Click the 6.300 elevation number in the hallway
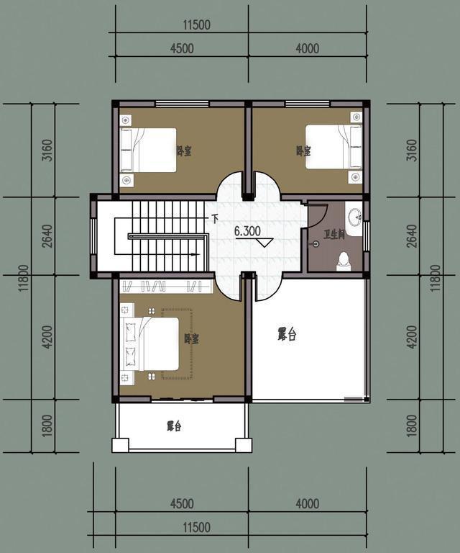[x=247, y=231]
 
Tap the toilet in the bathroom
[x=343, y=261]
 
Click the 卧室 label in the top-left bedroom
[x=184, y=151]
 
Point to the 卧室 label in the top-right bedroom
[x=303, y=151]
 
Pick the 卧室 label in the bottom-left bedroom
[x=191, y=339]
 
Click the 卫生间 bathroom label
[x=333, y=235]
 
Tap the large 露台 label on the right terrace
[x=287, y=334]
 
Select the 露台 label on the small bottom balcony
[x=174, y=426]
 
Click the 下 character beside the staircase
[x=214, y=218]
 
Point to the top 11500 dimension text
[x=197, y=25]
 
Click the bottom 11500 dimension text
[x=197, y=528]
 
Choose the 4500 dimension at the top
[x=182, y=48]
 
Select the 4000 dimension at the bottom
[x=307, y=503]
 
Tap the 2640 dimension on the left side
[x=47, y=236]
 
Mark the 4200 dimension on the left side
[x=47, y=338]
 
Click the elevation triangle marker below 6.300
[x=264, y=243]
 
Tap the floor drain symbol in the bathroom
[x=316, y=243]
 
